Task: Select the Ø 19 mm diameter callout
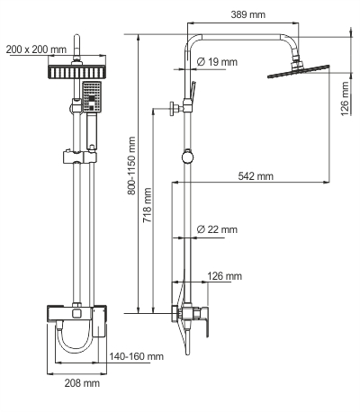pos(217,62)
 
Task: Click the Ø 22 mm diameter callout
pos(217,230)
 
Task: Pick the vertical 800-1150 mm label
pos(131,167)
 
